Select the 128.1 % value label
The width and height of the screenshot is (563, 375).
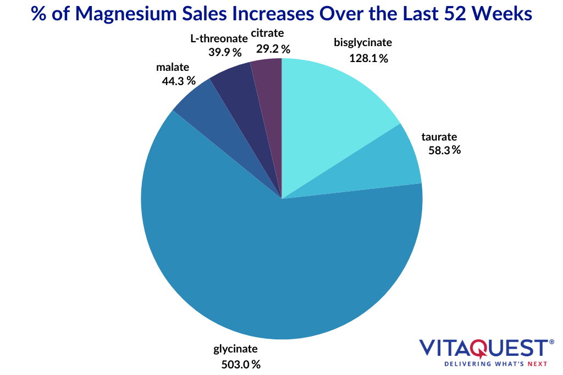[368, 58]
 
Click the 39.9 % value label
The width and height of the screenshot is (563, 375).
[225, 52]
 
